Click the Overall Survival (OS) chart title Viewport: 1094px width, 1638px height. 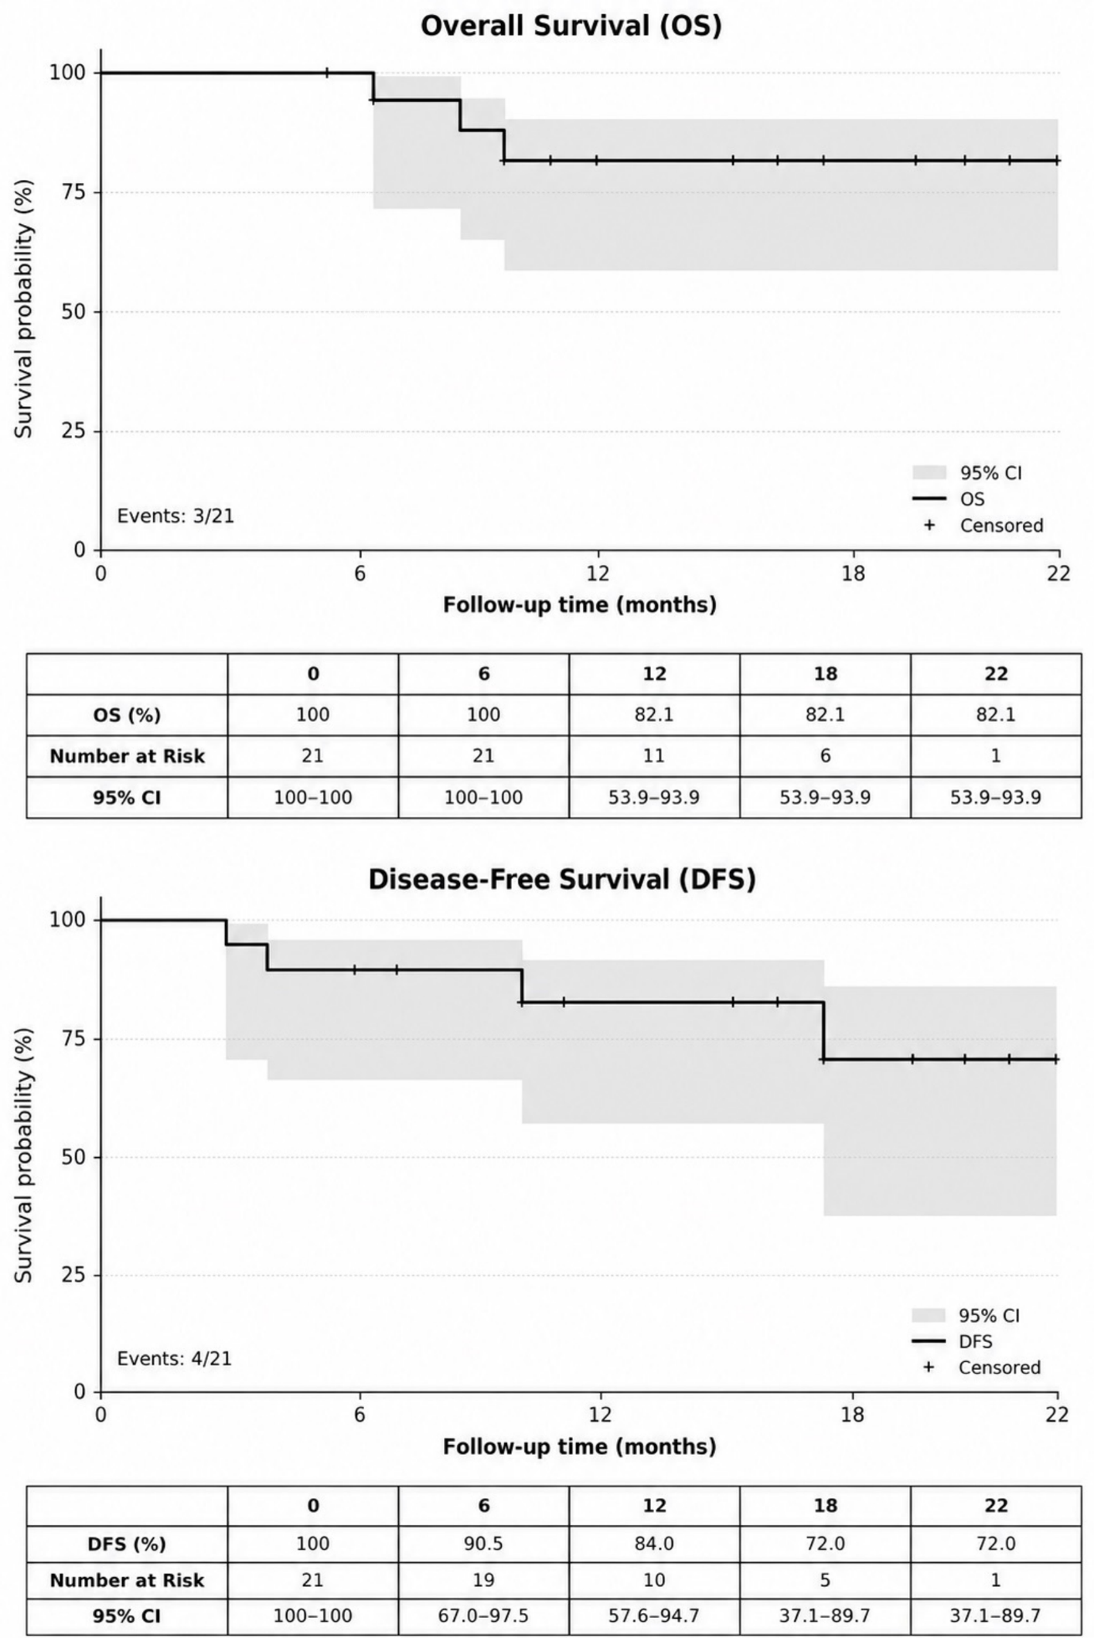click(571, 26)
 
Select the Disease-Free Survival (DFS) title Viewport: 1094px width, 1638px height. click(561, 879)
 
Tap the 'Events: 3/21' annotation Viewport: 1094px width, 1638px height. click(176, 516)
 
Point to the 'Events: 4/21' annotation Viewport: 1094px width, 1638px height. click(174, 1358)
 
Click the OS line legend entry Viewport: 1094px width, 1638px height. click(949, 499)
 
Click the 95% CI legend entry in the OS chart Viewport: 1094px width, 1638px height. click(967, 473)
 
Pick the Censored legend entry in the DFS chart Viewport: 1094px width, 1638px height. click(982, 1367)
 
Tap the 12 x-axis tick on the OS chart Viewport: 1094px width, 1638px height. click(598, 574)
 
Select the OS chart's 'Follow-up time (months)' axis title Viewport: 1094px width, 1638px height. click(580, 604)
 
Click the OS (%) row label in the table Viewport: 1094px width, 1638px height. click(127, 715)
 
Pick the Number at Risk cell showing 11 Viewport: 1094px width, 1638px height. click(654, 755)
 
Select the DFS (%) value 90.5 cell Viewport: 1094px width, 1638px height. click(483, 1544)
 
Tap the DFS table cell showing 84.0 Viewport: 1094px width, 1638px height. click(654, 1544)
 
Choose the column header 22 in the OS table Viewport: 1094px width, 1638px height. click(996, 674)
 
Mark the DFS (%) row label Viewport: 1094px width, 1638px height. click(127, 1544)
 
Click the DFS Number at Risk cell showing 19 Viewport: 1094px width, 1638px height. click(483, 1580)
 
